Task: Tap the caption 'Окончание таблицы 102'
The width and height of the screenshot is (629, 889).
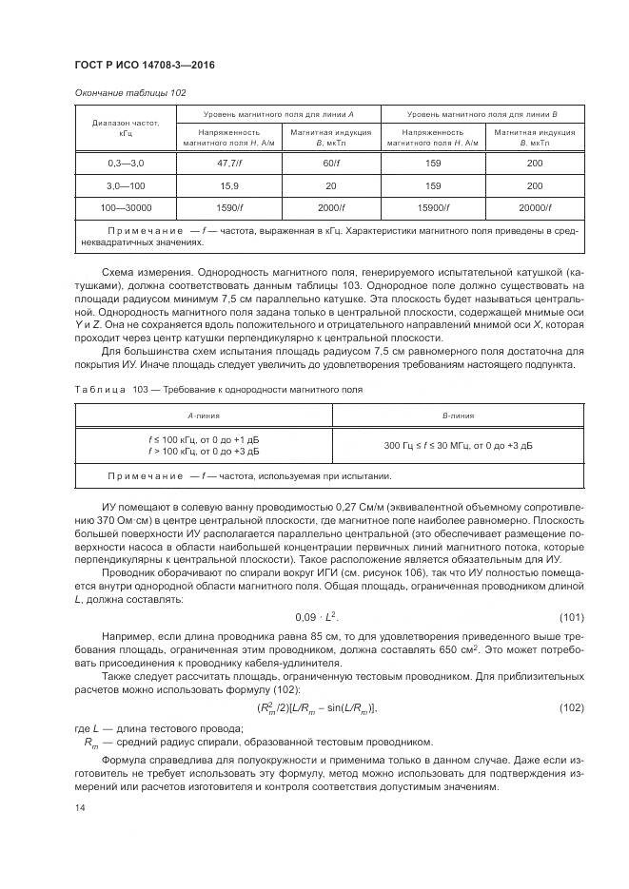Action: click(129, 92)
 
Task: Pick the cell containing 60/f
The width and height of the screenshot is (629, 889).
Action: click(330, 164)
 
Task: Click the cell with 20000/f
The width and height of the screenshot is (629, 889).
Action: click(535, 206)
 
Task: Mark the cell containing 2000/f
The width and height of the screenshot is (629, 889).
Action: click(330, 206)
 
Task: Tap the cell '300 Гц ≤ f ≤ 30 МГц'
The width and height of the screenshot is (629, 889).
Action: click(459, 445)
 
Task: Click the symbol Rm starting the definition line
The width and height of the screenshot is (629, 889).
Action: click(90, 742)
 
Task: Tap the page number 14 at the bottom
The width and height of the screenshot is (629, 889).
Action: click(79, 806)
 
